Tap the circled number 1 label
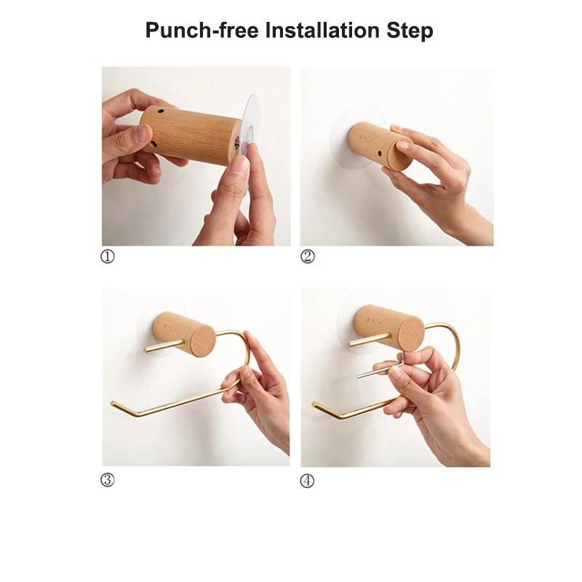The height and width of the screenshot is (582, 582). tap(108, 257)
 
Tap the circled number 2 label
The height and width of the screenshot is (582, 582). tap(308, 257)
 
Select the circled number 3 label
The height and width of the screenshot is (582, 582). tap(108, 480)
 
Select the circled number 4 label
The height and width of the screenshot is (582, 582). tap(308, 480)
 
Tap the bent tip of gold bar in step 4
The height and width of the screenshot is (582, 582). tap(315, 404)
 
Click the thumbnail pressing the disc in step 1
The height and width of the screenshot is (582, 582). tap(239, 166)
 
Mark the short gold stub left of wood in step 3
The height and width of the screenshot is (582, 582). tap(156, 348)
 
